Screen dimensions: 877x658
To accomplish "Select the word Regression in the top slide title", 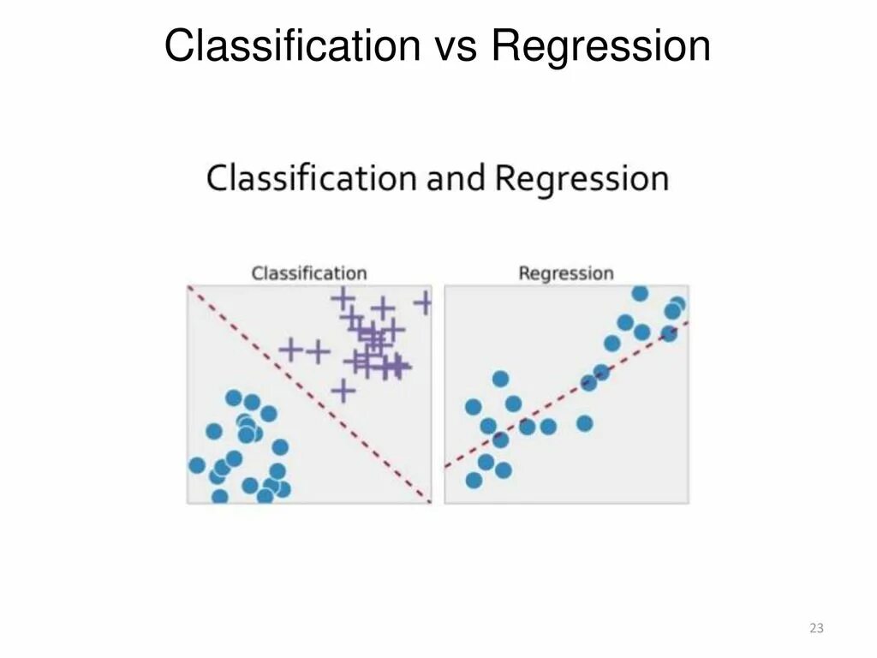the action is click(x=600, y=46).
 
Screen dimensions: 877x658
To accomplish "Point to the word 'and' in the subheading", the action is click(x=456, y=179).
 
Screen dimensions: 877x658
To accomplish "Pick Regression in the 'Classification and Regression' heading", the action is click(x=582, y=179).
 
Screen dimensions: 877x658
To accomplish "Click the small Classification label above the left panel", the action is click(x=308, y=273).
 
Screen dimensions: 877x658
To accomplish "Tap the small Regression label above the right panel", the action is click(x=566, y=273).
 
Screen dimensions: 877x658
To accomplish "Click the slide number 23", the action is click(x=816, y=629).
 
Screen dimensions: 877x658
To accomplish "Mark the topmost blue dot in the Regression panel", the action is click(x=640, y=294).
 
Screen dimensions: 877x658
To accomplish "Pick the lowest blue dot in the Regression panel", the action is click(x=474, y=480).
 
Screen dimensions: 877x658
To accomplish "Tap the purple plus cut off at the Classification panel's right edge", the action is click(x=423, y=302).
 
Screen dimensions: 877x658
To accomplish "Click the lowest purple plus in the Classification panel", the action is click(x=343, y=391).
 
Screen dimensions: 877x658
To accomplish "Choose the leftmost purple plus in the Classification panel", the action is click(x=291, y=350).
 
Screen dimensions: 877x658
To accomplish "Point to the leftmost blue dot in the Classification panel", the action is click(x=197, y=465).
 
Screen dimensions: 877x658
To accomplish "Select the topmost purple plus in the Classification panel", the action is click(x=343, y=298).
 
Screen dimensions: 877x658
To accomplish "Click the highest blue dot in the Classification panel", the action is click(x=234, y=398).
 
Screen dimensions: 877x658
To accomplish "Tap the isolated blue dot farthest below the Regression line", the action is click(x=585, y=422).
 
